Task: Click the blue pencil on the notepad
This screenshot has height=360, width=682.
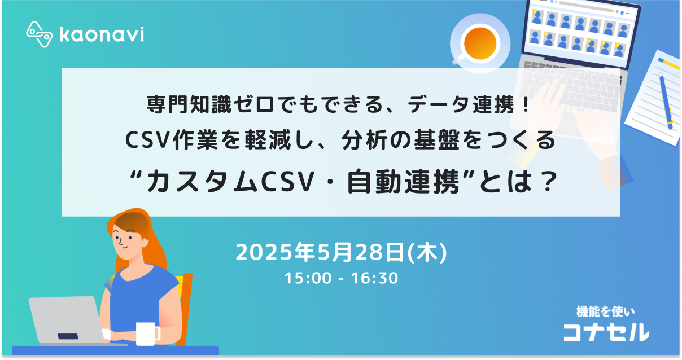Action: click(666, 99)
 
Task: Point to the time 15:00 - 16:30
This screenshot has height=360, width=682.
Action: click(341, 278)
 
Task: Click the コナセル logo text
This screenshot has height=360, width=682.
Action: click(606, 332)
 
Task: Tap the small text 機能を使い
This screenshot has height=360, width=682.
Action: click(605, 311)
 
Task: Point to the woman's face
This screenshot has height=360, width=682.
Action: click(125, 237)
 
